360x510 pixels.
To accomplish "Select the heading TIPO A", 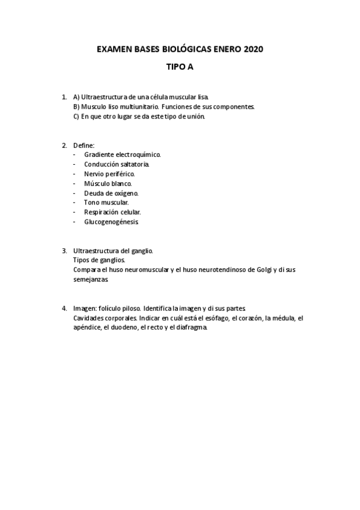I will (x=180, y=68).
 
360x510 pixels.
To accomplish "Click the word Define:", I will (x=84, y=145).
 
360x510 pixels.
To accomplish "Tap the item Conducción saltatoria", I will (x=117, y=164).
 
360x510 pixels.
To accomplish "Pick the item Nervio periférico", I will (x=109, y=174).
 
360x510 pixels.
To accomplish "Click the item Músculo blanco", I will (x=108, y=183).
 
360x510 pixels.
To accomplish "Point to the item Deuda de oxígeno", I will (x=111, y=193).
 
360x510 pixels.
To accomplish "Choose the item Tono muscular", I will (x=106, y=203).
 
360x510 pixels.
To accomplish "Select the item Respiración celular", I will (x=112, y=212).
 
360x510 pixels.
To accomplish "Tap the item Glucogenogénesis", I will (x=111, y=222).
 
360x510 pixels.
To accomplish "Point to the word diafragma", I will (x=191, y=327).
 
